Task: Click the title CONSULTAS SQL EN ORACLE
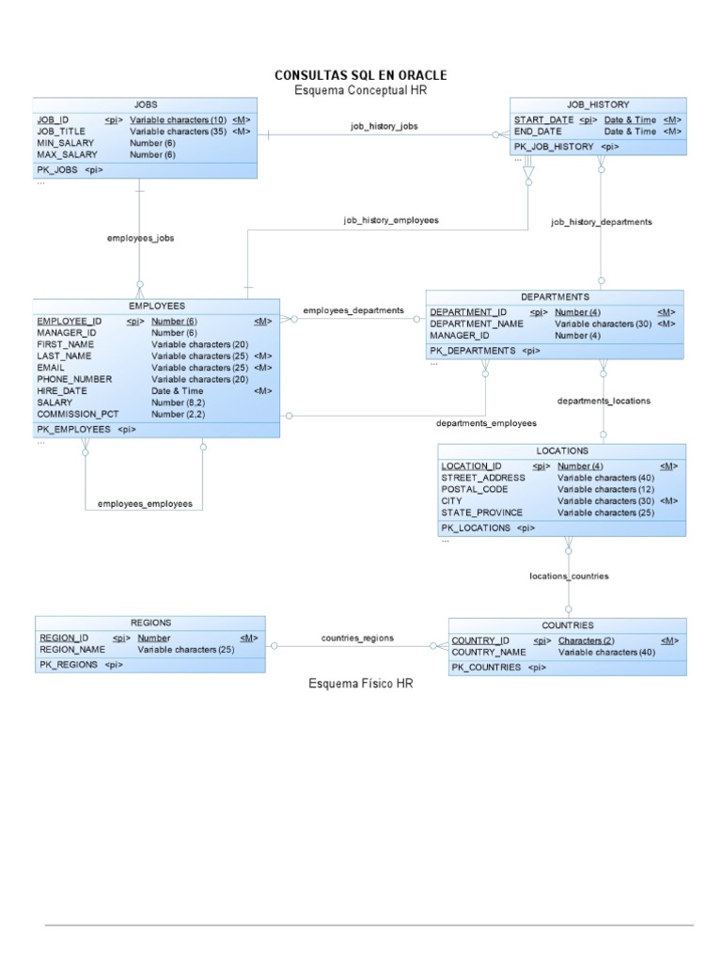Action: [360, 75]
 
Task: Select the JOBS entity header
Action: [145, 104]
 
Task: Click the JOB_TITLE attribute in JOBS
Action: [61, 132]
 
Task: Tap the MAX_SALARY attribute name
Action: [67, 154]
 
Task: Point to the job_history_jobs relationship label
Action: [385, 126]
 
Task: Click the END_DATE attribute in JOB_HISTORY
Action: [538, 132]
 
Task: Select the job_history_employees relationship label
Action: [391, 220]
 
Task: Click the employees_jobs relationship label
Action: [140, 239]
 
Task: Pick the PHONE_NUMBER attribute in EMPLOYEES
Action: [74, 379]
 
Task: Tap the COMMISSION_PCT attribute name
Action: [78, 414]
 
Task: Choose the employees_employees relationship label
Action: [145, 504]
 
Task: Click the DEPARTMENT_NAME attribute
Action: [477, 324]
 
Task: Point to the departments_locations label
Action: [604, 401]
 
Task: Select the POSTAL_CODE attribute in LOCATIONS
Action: [475, 490]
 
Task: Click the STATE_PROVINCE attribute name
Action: [481, 513]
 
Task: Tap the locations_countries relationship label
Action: [569, 576]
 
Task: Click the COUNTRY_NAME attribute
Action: [489, 652]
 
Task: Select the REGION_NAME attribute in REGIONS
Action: [71, 649]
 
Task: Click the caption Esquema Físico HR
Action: [361, 684]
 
